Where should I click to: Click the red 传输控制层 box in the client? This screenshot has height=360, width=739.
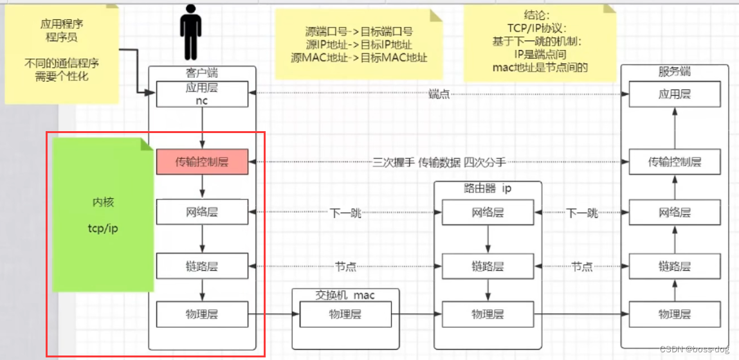(x=203, y=161)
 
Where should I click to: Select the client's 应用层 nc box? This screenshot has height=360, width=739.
(x=203, y=94)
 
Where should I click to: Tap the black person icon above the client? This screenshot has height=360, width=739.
(x=190, y=32)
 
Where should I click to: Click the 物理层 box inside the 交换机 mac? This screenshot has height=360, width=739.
(x=345, y=314)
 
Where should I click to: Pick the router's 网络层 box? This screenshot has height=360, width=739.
(x=487, y=212)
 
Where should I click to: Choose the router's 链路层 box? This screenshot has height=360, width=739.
(x=487, y=265)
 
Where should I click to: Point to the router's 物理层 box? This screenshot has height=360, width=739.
(x=487, y=314)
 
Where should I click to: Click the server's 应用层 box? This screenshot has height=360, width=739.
(x=674, y=94)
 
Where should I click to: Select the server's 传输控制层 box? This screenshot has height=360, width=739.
(x=674, y=162)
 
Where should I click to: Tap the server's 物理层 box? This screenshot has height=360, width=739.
(x=674, y=314)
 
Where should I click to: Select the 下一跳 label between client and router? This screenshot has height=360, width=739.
(x=345, y=213)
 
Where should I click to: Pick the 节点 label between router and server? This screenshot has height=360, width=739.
(x=581, y=266)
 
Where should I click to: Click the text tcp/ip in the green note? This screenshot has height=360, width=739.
(x=103, y=228)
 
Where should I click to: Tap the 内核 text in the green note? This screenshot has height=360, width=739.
(x=103, y=203)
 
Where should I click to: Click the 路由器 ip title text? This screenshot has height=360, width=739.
(x=487, y=189)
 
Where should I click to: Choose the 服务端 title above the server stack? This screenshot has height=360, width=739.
(x=674, y=72)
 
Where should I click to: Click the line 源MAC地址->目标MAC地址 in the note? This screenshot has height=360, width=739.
(x=359, y=57)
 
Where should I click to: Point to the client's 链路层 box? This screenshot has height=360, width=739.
(x=203, y=265)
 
